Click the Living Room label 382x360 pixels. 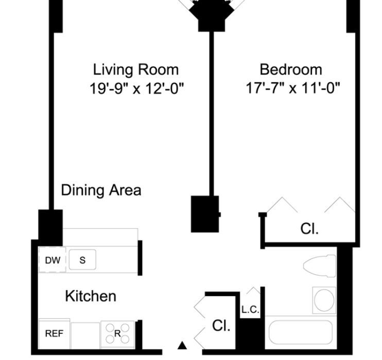coord(136,70)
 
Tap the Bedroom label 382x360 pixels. coord(291,69)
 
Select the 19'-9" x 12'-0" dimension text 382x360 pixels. coord(136,88)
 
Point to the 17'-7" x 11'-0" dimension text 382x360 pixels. coord(292,88)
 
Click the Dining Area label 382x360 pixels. coord(101,190)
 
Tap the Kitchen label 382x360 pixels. coord(91,296)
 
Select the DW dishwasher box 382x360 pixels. coord(53,260)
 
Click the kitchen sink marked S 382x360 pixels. coord(82,260)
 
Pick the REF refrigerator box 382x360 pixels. coord(55,333)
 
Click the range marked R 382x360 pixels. coord(117,334)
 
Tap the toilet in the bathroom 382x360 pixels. coord(319,266)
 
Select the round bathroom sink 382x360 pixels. coord(324,300)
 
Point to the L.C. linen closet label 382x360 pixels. coord(250,310)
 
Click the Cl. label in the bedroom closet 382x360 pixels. coord(309,228)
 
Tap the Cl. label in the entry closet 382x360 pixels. coord(221,325)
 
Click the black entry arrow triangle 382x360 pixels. coord(182,346)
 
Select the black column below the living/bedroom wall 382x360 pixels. coord(205,214)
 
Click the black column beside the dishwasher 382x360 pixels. coord(50,228)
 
